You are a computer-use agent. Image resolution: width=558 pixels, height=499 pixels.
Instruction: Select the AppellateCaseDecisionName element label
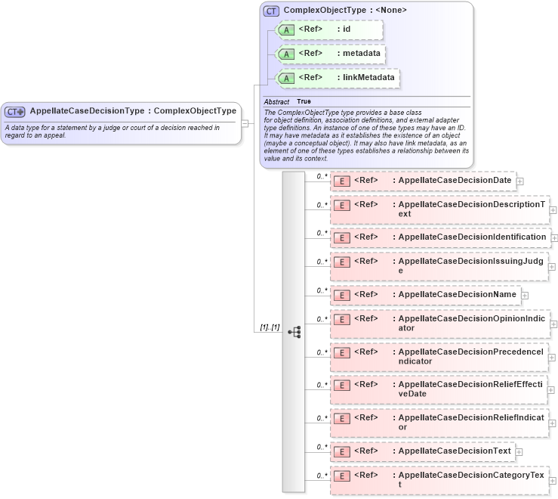pos(457,294)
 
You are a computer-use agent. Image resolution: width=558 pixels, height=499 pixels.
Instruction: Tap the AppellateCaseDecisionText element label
pos(454,451)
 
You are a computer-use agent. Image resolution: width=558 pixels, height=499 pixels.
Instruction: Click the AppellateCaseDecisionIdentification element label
pos(472,237)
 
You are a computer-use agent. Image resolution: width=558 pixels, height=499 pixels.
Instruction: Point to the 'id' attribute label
pos(347,29)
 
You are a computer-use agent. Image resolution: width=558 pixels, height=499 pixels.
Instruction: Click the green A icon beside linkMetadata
pos(286,78)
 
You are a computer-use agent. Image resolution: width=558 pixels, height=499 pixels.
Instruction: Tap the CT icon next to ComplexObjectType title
pos(271,11)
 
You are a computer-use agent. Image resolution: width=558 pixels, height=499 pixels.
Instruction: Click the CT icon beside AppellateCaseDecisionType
pos(15,111)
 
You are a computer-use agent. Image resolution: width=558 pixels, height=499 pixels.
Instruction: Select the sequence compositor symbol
pos(294,331)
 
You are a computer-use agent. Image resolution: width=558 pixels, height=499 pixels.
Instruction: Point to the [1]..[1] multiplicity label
pos(270,327)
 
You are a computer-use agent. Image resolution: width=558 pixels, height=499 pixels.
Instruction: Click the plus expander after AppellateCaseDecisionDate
pos(520,181)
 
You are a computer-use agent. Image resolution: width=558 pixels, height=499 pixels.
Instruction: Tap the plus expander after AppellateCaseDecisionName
pos(525,295)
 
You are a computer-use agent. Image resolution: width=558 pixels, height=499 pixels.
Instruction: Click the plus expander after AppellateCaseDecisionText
pos(519,451)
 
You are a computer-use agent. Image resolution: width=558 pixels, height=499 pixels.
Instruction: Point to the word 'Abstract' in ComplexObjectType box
pos(276,101)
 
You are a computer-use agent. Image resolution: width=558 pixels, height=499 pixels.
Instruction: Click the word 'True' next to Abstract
pos(304,101)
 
